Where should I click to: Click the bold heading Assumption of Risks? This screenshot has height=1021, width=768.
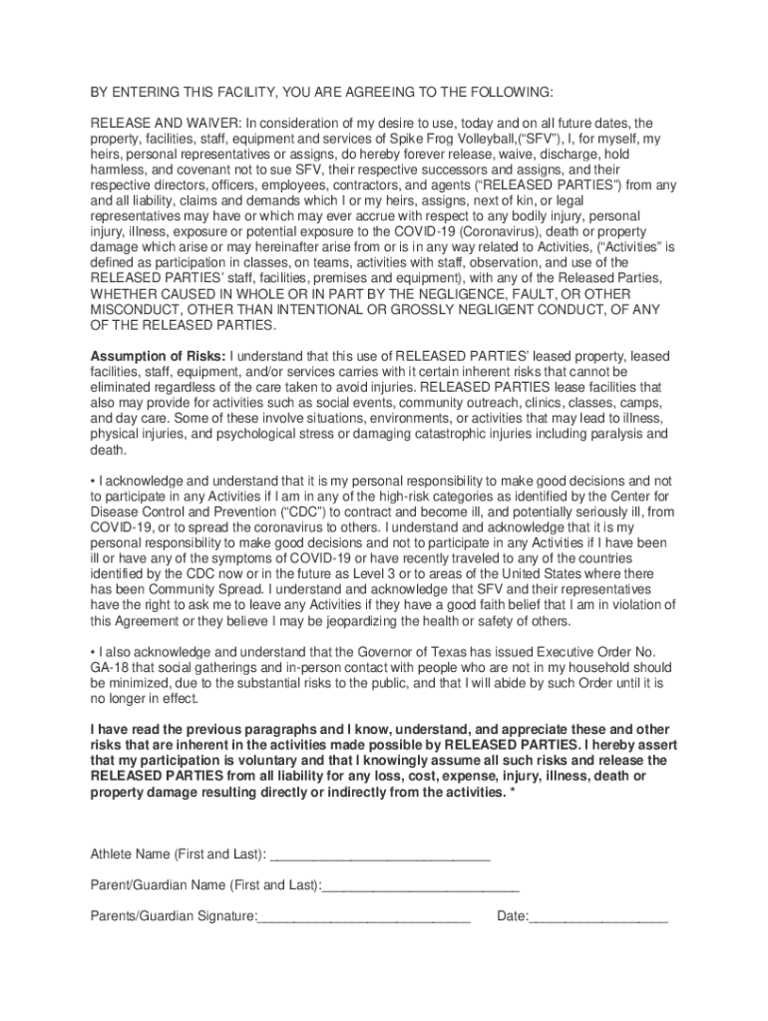click(x=159, y=356)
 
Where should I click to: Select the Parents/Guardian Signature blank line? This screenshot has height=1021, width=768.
click(x=363, y=916)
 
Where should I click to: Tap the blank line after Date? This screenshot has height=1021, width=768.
click(x=598, y=916)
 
